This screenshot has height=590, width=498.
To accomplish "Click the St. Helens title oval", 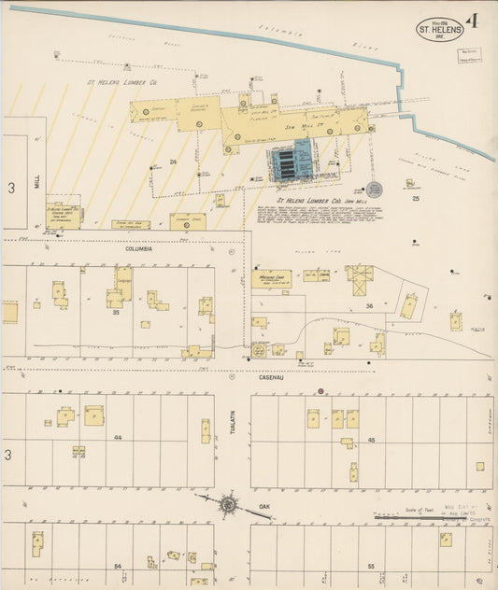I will point(437,27).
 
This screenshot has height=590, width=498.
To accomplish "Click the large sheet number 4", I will point(475,21).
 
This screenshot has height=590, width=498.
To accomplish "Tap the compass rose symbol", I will point(228,505).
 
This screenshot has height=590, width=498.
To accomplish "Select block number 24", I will point(174,162).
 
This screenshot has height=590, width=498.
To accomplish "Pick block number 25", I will point(415,198).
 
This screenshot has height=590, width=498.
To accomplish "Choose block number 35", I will point(117,313).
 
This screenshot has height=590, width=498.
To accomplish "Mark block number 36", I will point(369,306).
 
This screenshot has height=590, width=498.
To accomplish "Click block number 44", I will point(118,437).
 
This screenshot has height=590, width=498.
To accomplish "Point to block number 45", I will point(371,439).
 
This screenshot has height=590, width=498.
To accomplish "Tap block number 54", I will point(118,566).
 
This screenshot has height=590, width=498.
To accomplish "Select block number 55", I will point(371,567).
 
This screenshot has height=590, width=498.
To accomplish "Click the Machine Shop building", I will point(270,278).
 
